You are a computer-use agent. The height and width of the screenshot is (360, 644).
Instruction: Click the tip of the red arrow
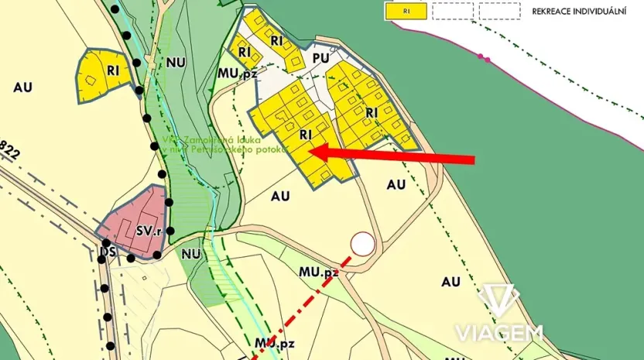[x=311, y=151]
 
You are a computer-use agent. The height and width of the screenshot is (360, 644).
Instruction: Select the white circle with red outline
[x=362, y=245]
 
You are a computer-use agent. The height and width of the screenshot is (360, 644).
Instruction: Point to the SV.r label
[x=147, y=231]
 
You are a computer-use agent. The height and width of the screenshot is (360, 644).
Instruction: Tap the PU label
[x=321, y=58]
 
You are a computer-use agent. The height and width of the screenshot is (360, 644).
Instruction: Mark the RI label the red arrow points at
[x=305, y=134]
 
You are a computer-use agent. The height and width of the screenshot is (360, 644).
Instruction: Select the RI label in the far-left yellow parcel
[x=114, y=70]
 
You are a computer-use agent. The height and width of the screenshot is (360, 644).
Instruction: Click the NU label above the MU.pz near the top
[x=176, y=63]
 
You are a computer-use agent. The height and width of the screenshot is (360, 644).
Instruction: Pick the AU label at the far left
[x=22, y=87]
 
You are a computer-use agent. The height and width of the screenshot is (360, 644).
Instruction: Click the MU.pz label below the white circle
[x=319, y=273]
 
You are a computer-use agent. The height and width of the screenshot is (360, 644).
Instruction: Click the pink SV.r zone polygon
[x=133, y=217]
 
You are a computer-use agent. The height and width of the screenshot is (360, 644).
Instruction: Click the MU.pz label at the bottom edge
[x=274, y=342]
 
